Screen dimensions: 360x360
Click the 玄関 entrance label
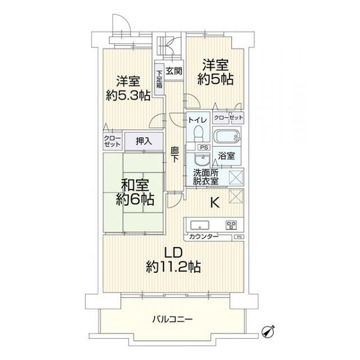coord(175,71)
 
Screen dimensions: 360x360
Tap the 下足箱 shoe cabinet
coord(159,79)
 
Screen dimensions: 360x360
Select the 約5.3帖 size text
coord(128,95)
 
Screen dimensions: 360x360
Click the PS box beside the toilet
coord(204,147)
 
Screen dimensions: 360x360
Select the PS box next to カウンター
coord(240,237)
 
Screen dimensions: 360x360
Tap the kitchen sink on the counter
coord(200,226)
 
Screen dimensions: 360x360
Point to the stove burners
coord(231,226)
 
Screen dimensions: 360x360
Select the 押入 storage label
coord(144,141)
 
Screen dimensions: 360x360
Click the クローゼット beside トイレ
coord(229,118)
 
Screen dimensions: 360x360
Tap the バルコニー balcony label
coord(173,319)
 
